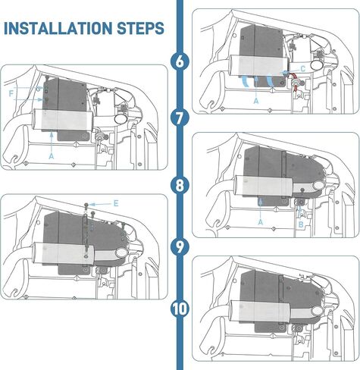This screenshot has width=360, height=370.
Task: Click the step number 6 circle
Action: (x=180, y=61)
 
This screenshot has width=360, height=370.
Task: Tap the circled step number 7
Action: (x=180, y=118)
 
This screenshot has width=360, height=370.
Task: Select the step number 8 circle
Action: (x=180, y=185)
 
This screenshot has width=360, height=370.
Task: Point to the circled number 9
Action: (x=180, y=246)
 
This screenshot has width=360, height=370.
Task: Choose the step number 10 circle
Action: (x=180, y=309)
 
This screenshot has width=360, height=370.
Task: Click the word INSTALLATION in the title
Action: (x=58, y=28)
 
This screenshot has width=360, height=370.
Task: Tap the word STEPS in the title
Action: (x=140, y=28)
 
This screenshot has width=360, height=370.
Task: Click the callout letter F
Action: (x=11, y=94)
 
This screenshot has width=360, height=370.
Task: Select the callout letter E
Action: (x=116, y=203)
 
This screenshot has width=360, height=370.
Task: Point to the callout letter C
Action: (x=303, y=69)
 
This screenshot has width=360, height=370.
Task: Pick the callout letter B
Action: (x=301, y=224)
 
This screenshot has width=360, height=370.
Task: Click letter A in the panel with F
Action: (x=52, y=156)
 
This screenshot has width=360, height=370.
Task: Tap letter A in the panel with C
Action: (x=256, y=101)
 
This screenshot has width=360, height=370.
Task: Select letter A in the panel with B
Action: (x=261, y=222)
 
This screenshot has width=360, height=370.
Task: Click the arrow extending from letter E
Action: (x=100, y=204)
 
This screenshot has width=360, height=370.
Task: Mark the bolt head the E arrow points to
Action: (x=86, y=205)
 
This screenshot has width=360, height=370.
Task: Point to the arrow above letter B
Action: (x=300, y=214)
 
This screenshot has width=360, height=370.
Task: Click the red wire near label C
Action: (x=294, y=81)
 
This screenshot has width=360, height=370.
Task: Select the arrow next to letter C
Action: (x=290, y=72)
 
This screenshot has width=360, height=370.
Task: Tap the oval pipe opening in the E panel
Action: (x=122, y=252)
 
